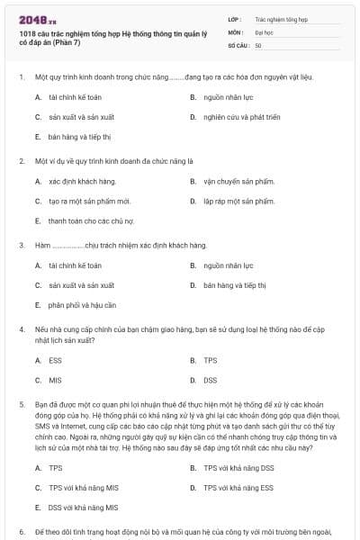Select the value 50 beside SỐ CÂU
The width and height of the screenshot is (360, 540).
pyautogui.click(x=258, y=45)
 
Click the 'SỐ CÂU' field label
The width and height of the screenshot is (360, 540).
pyautogui.click(x=239, y=45)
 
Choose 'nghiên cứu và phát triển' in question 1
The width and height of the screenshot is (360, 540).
pyautogui.click(x=238, y=117)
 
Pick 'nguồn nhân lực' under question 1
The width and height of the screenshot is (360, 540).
pyautogui.click(x=225, y=97)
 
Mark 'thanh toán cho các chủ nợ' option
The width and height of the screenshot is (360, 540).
pyautogui.click(x=91, y=220)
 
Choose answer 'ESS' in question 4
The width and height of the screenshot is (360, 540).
pyautogui.click(x=55, y=360)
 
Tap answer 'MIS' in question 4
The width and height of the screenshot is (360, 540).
pyautogui.click(x=55, y=380)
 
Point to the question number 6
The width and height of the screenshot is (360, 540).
pyautogui.click(x=21, y=531)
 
